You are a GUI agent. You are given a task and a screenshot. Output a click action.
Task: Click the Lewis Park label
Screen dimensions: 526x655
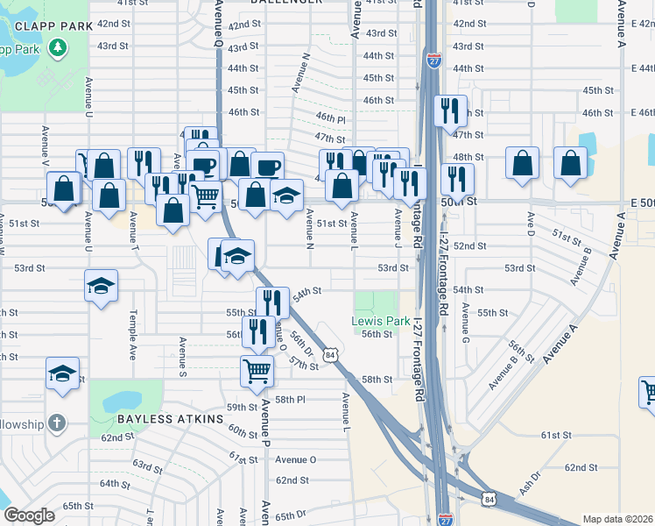(x=380, y=321)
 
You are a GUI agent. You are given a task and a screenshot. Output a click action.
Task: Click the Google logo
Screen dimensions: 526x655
(x=29, y=515)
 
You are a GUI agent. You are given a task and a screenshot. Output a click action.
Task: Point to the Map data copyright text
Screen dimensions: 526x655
(x=617, y=519)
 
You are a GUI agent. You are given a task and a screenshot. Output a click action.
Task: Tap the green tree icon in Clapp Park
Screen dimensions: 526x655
(x=59, y=46)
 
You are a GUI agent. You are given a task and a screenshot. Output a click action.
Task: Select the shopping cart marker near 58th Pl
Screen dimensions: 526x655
(x=257, y=370)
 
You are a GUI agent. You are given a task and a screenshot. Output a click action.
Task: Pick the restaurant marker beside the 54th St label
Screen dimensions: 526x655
(x=272, y=302)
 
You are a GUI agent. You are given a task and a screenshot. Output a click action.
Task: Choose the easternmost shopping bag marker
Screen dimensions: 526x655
(x=570, y=163)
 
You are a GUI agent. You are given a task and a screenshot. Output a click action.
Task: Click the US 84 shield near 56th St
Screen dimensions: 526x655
(x=329, y=354)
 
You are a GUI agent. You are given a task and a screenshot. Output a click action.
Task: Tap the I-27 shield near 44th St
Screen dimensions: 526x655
(x=435, y=60)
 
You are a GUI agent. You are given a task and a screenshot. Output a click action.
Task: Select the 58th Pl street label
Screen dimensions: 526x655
(x=289, y=399)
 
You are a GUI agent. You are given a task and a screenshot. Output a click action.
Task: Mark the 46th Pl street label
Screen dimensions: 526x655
(x=331, y=117)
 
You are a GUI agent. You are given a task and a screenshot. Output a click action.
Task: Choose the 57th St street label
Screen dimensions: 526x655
(x=303, y=365)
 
